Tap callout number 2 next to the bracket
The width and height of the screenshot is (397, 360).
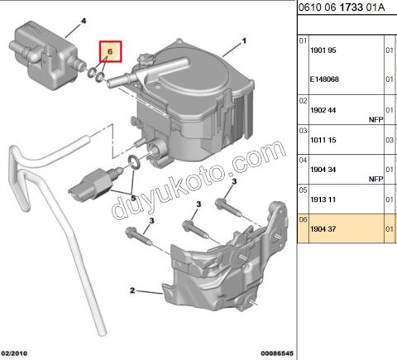click(x=132, y=290)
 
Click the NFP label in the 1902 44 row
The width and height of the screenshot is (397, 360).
click(x=376, y=118)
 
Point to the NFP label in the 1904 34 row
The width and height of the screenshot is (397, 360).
click(x=376, y=178)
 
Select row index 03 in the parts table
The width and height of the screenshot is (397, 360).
click(x=302, y=130)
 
